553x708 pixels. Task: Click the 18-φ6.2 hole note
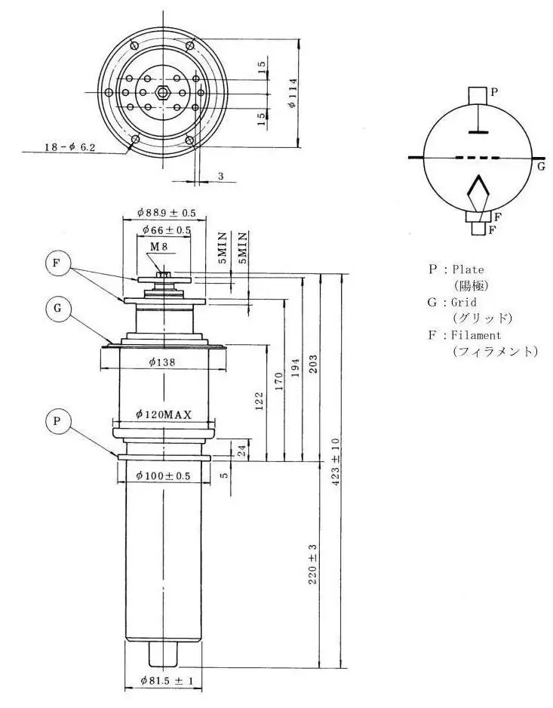click(x=70, y=148)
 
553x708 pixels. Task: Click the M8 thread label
click(x=158, y=247)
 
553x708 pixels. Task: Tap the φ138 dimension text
click(x=162, y=362)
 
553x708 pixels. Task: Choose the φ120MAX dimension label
click(x=164, y=414)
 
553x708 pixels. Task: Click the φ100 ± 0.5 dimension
click(x=163, y=476)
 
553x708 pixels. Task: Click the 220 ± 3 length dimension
click(x=313, y=565)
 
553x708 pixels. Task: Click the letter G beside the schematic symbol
click(x=541, y=166)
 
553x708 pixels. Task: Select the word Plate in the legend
click(x=468, y=269)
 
